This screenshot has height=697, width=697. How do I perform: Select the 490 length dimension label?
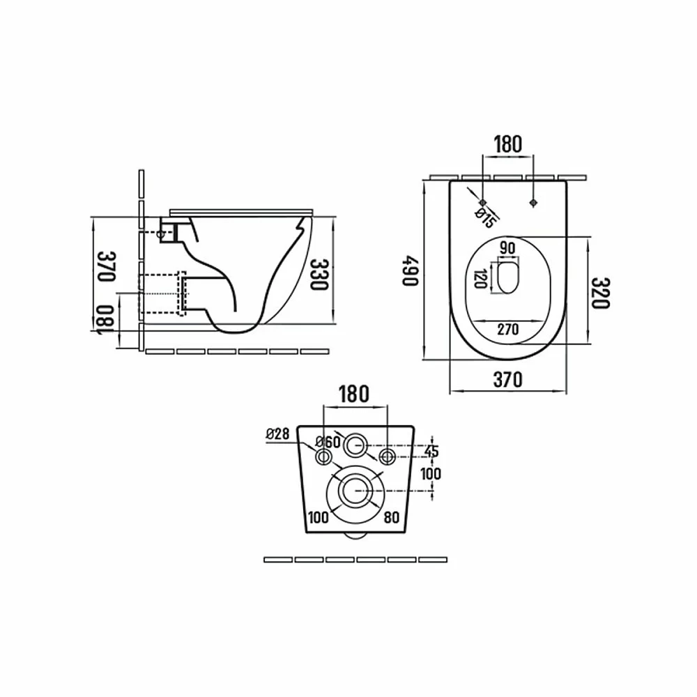411,270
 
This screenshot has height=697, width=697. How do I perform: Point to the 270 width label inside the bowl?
508,330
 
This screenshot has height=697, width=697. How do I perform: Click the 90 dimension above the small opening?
507,247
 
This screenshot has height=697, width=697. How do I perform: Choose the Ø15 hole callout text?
484,217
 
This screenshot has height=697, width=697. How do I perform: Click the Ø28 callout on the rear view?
278,433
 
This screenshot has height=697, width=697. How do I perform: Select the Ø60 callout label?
328,442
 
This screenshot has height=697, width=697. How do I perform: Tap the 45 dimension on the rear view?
431,451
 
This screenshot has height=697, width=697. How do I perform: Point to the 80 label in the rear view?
392,517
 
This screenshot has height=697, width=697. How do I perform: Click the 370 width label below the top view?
508,380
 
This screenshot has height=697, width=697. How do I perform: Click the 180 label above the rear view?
354,394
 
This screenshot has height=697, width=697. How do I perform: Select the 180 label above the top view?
508,144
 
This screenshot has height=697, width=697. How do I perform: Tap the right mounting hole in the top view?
534,203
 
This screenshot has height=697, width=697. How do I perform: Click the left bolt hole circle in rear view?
323,456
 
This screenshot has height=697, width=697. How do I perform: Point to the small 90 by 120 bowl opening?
507,278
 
